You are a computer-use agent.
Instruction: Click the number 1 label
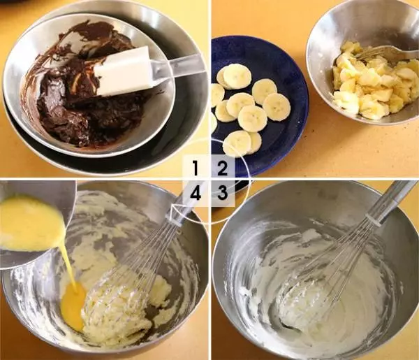point(196,168)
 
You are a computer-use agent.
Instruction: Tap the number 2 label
point(222,168)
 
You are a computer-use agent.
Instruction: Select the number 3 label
point(222,192)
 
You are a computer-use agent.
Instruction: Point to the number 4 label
point(196,193)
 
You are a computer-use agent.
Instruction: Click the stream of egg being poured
point(69,265)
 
